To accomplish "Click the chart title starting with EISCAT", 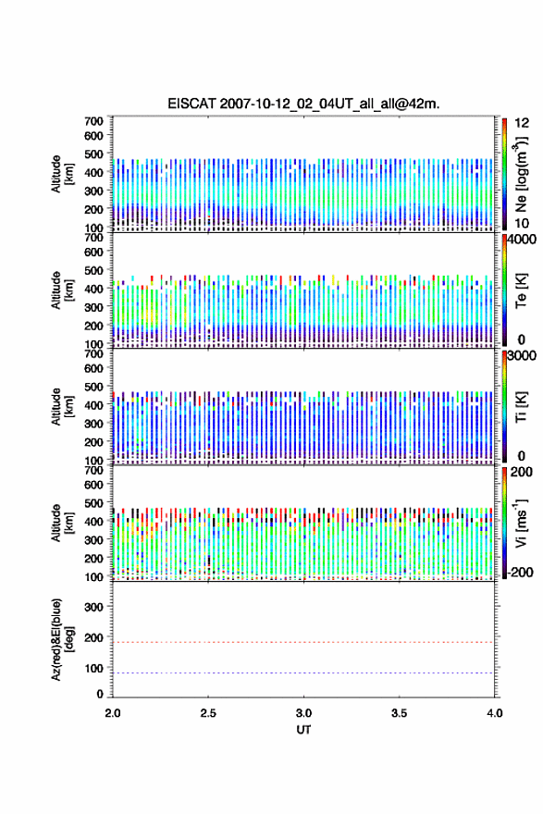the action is tap(303, 104).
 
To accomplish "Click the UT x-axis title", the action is tap(303, 730).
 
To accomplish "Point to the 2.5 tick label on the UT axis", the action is tap(208, 713).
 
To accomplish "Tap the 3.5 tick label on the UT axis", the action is tap(400, 713).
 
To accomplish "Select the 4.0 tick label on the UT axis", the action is tap(495, 713).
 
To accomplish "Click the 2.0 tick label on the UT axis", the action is tap(113, 713).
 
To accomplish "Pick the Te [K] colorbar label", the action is tap(521, 291).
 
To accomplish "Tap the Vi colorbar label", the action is tap(521, 523).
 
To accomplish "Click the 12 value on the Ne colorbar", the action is tap(522, 123).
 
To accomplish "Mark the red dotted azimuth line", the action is tap(303, 642).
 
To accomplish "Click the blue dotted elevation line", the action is tap(303, 672).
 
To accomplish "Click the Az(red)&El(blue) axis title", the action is tap(62, 639).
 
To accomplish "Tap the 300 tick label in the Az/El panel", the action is tap(93, 607).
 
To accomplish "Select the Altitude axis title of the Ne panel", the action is tap(62, 174).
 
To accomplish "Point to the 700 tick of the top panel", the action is tap(93, 121).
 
